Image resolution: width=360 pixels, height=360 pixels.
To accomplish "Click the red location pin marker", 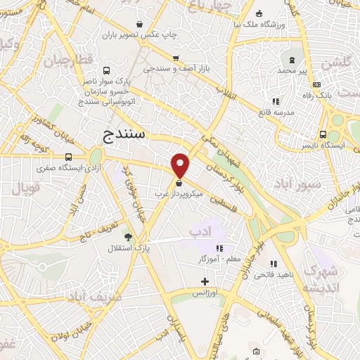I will pyautogui.click(x=181, y=165).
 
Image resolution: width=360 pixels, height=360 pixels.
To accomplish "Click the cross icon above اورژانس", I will pyautogui.click(x=205, y=281).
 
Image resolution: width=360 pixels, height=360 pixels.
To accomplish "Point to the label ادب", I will pyautogui.click(x=200, y=231).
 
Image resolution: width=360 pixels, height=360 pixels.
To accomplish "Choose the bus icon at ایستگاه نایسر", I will pyautogui.click(x=323, y=134).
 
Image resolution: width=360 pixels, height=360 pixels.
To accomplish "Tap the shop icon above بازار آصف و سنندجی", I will pyautogui.click(x=175, y=58).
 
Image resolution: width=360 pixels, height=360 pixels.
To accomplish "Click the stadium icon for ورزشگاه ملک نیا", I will pyautogui.click(x=259, y=13).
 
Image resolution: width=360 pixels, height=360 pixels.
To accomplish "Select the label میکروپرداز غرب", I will pyautogui.click(x=180, y=191).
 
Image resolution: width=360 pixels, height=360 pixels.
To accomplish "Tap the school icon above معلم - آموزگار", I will pyautogui.click(x=219, y=248).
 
